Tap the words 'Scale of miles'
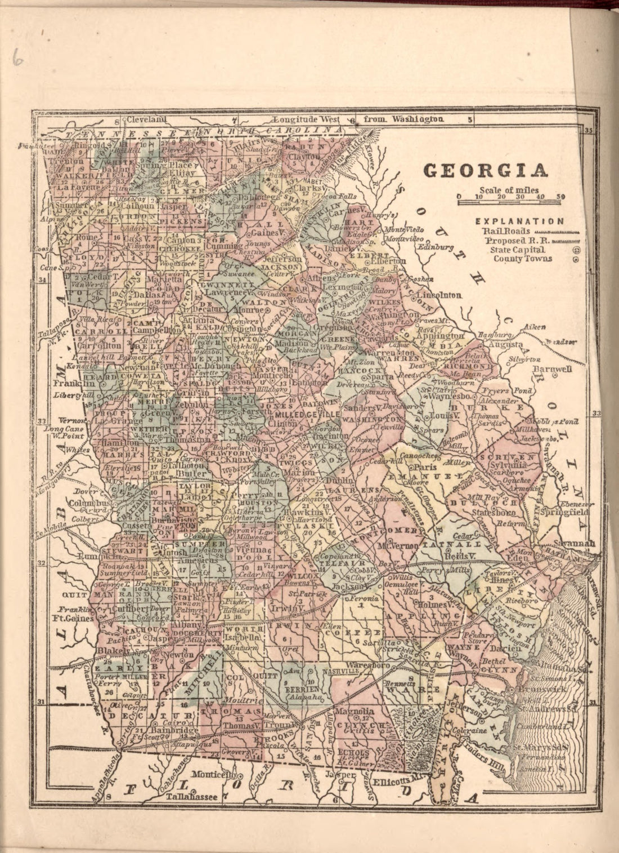coord(509,190)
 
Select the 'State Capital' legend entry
coord(517,249)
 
